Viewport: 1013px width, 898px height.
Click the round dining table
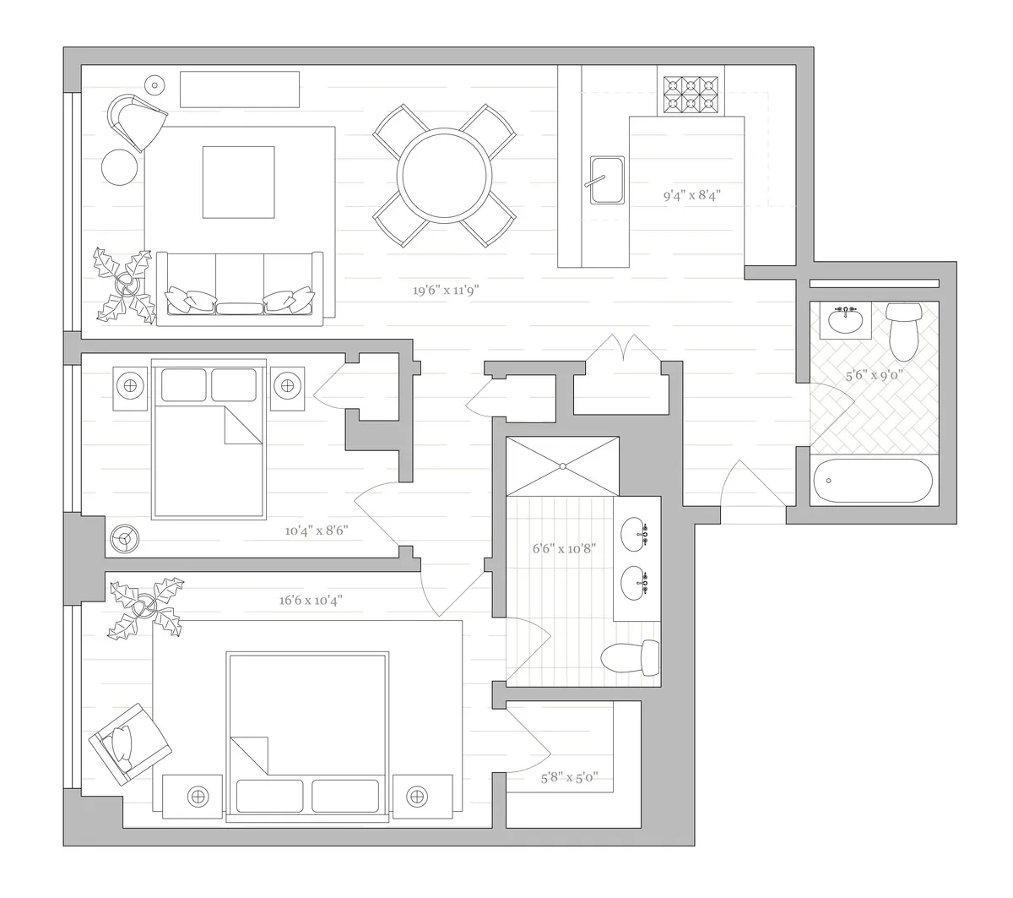coord(445,175)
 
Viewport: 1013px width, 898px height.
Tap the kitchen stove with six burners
coord(690,95)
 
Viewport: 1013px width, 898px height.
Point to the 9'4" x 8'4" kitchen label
coord(691,195)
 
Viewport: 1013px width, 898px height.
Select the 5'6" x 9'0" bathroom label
coord(875,375)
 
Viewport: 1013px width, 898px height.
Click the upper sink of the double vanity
coord(634,533)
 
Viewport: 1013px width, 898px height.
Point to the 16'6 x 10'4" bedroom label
coord(311,601)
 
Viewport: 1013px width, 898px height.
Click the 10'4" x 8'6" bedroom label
coord(317,531)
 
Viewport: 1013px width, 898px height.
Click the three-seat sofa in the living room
coord(241,287)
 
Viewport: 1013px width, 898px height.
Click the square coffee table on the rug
coord(238,182)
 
